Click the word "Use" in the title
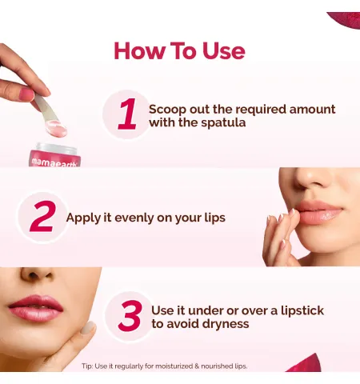point(224,50)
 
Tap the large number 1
point(127,114)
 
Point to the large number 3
point(130,316)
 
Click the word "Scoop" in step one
point(167,110)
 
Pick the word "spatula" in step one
point(223,123)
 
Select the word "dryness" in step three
point(226,324)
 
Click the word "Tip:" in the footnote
point(87,366)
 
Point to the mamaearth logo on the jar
point(54,162)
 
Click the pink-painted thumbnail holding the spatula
point(27,95)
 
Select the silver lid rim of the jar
point(57,147)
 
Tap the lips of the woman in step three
point(36,308)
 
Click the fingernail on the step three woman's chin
point(88,328)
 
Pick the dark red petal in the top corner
point(344,20)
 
